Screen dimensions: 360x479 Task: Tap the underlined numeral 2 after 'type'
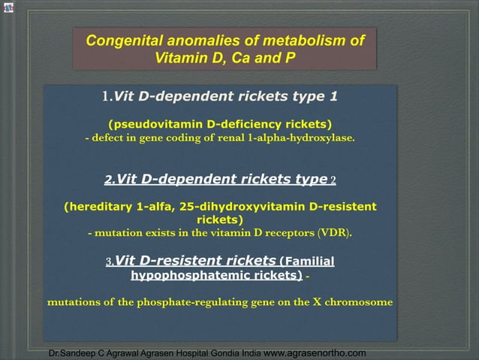tap(333, 180)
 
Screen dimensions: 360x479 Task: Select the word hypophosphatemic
tap(182, 276)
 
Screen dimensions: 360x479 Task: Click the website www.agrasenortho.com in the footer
tap(315, 352)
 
